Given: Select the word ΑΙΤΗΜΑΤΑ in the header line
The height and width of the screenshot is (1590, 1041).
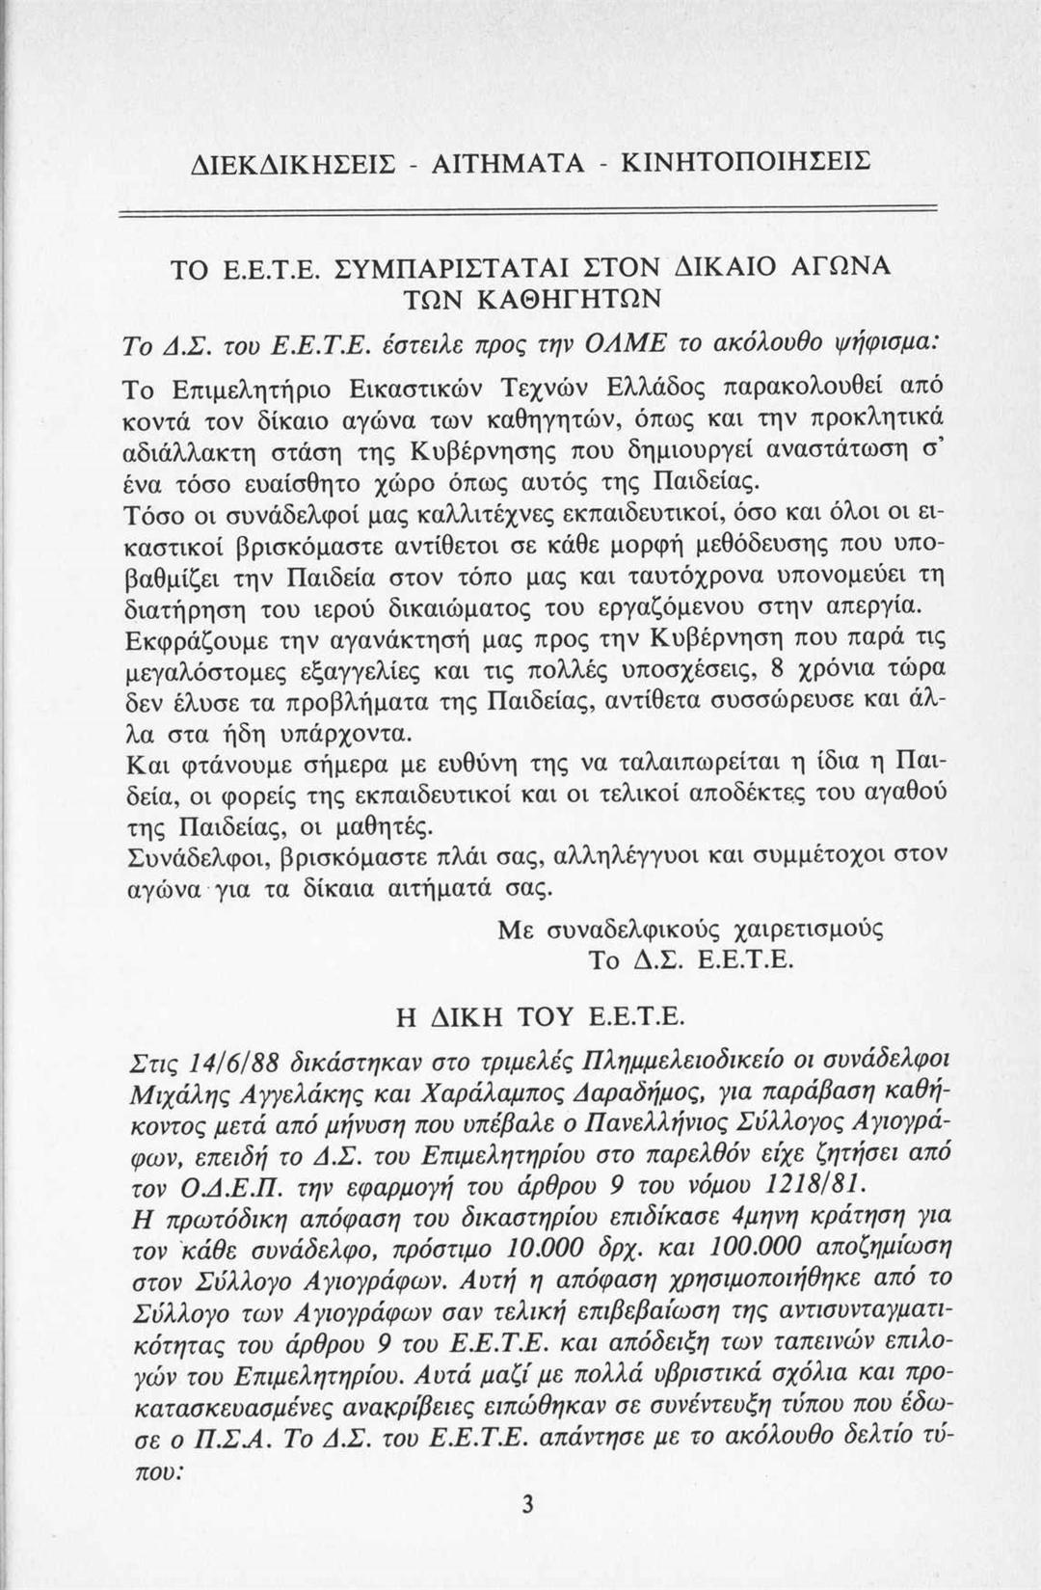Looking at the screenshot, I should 493,159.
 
